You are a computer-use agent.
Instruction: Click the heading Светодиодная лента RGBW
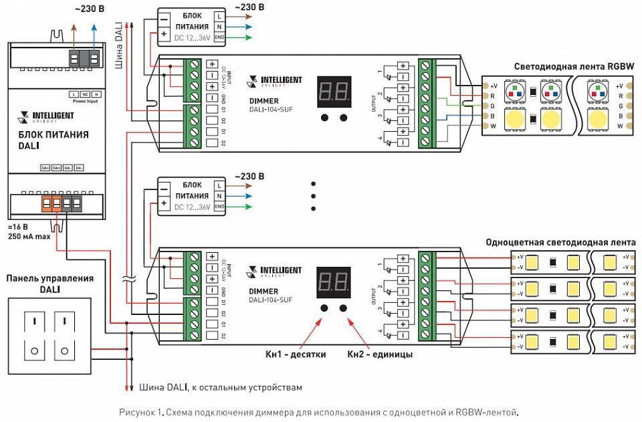pyautogui.click(x=573, y=66)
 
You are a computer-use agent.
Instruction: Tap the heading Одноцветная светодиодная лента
pyautogui.click(x=560, y=242)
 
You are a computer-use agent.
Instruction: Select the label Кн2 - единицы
pyautogui.click(x=379, y=354)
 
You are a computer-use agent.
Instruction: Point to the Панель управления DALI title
pyautogui.click(x=49, y=283)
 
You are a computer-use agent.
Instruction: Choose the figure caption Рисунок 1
pyautogui.click(x=318, y=411)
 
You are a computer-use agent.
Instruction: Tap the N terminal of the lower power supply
pyautogui.click(x=219, y=196)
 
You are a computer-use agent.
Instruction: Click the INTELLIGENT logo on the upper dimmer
pyautogui.click(x=275, y=81)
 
